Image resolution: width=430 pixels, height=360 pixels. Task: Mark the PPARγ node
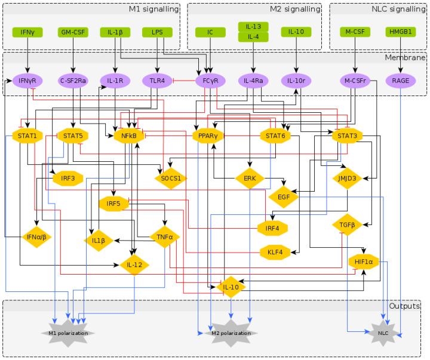click(208, 136)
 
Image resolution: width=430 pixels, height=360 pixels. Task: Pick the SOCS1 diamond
click(170, 177)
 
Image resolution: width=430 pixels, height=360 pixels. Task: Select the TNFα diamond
click(164, 236)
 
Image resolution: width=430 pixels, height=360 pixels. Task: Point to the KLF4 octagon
click(275, 252)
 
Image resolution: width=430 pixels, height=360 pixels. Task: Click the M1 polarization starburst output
click(67, 332)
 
